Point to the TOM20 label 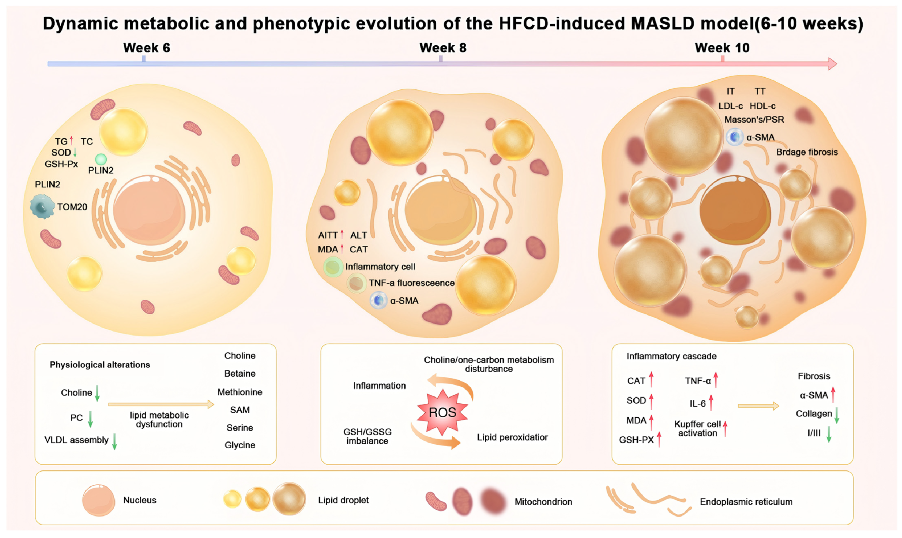pos(72,207)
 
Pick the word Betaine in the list pos(239,374)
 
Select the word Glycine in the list pos(239,445)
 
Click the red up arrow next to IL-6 pos(711,402)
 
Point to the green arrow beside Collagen pos(837,415)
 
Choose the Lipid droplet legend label pos(343,500)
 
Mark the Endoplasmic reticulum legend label pos(746,502)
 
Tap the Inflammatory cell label pos(380,267)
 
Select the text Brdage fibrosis pos(807,152)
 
